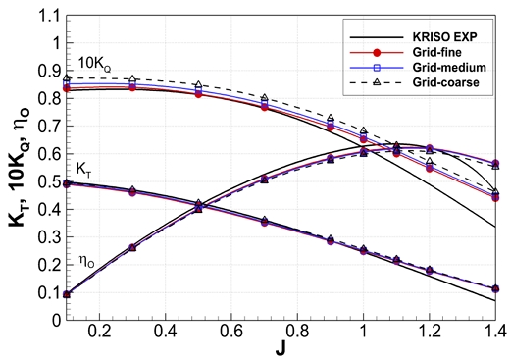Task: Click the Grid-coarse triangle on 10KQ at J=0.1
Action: [x=67, y=77]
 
